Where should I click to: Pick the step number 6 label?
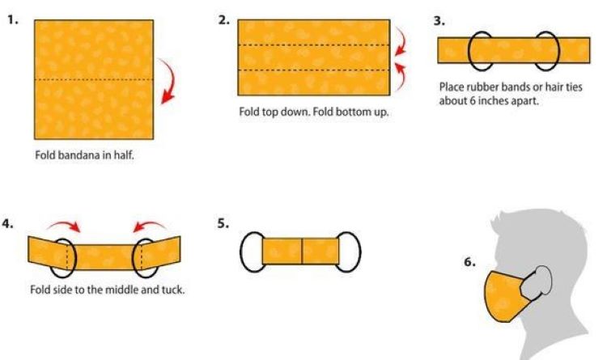click(x=469, y=264)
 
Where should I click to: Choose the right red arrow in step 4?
click(x=149, y=226)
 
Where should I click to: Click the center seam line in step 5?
click(x=302, y=251)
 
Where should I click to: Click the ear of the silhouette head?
click(x=542, y=279)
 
